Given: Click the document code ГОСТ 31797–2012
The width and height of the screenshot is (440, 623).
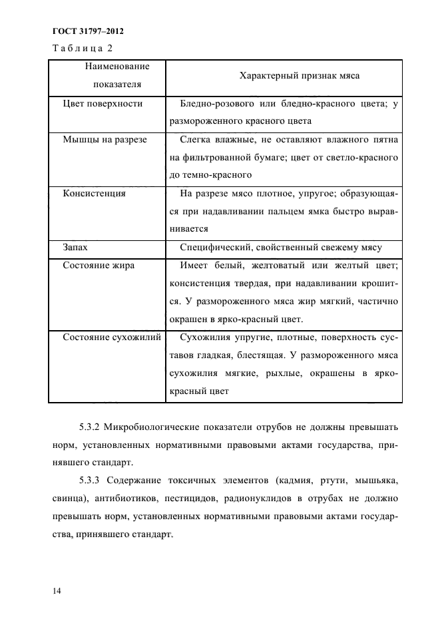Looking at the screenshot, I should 87,31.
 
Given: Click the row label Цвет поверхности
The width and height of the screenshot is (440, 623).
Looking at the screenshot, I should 103,104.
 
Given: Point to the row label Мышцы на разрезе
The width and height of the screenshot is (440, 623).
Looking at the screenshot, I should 105,140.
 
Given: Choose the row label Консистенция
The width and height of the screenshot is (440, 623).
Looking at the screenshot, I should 94,194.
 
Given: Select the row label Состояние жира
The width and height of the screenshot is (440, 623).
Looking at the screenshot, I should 99,266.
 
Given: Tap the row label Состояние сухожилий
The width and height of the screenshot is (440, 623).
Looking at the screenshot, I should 112,337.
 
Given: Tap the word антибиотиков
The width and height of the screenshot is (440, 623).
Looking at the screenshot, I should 116,498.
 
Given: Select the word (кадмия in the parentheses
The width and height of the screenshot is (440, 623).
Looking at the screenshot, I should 278,480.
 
